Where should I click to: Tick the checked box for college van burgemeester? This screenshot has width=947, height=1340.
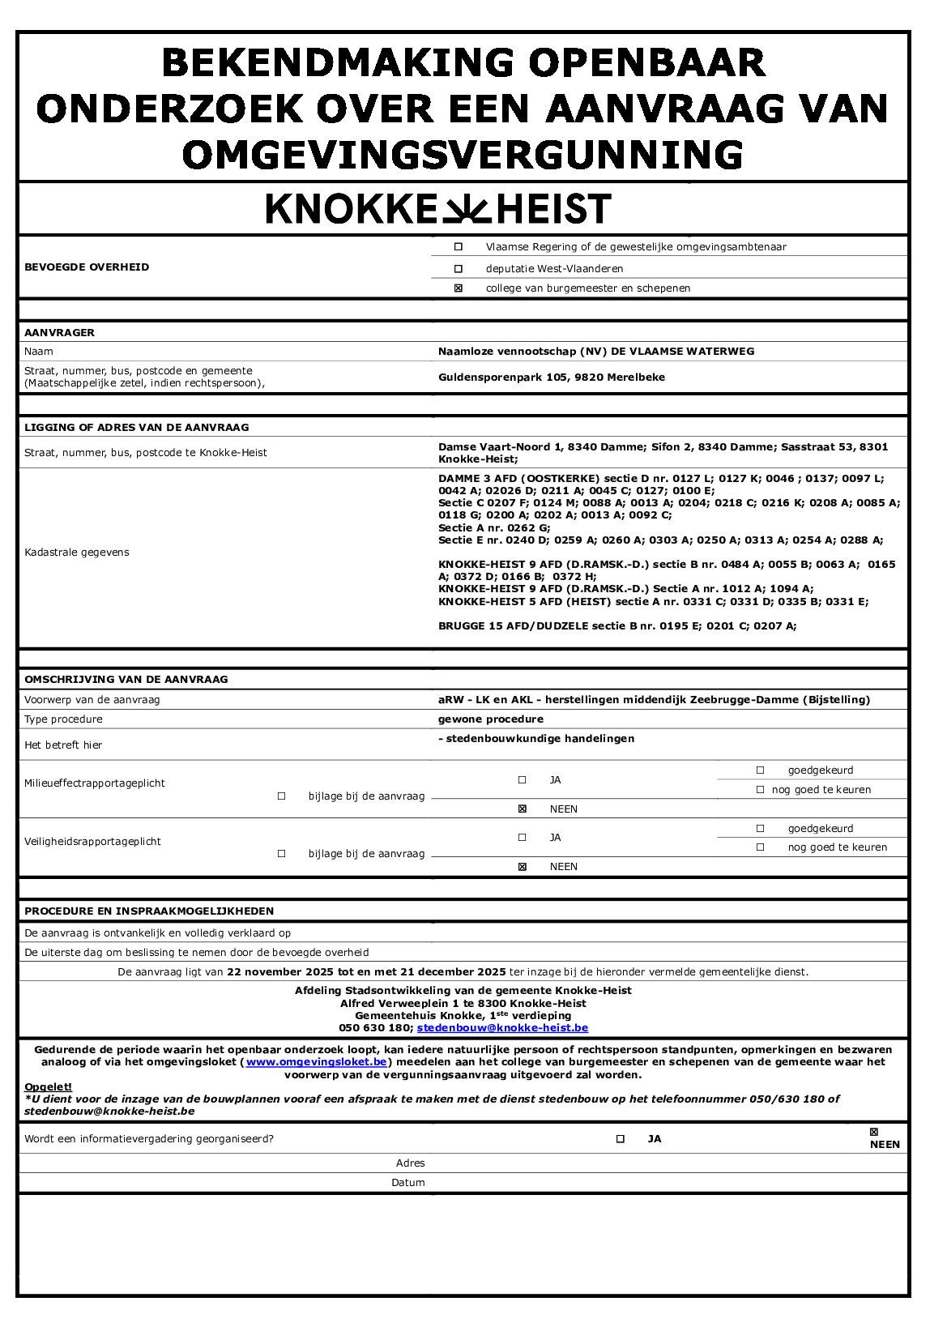click(x=459, y=288)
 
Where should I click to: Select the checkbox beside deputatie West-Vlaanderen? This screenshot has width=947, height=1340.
click(x=459, y=269)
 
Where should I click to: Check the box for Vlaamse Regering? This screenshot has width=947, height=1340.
click(x=459, y=247)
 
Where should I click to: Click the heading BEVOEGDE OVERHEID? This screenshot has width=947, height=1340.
click(x=87, y=267)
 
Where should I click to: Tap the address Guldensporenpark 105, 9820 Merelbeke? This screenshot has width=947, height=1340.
click(x=552, y=378)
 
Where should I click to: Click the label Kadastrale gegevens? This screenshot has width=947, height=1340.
click(x=77, y=553)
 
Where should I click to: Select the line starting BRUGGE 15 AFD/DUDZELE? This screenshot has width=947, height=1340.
click(x=617, y=626)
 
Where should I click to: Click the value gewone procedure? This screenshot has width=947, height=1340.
click(x=491, y=719)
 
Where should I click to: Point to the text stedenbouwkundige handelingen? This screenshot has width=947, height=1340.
click(x=540, y=739)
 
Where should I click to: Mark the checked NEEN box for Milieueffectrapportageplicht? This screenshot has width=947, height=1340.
click(x=523, y=809)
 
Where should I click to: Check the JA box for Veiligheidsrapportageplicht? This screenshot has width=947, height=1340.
click(x=523, y=838)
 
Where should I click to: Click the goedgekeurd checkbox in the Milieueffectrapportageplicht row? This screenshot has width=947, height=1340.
click(x=760, y=770)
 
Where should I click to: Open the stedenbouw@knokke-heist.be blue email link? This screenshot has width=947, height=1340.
click(x=502, y=1028)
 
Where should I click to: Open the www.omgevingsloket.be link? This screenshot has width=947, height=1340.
click(x=317, y=1062)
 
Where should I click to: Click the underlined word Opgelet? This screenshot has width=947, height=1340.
click(x=48, y=1087)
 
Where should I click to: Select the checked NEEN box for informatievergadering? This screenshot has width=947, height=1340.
click(x=873, y=1133)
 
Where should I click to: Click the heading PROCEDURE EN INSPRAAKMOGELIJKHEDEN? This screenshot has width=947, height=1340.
click(x=149, y=911)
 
